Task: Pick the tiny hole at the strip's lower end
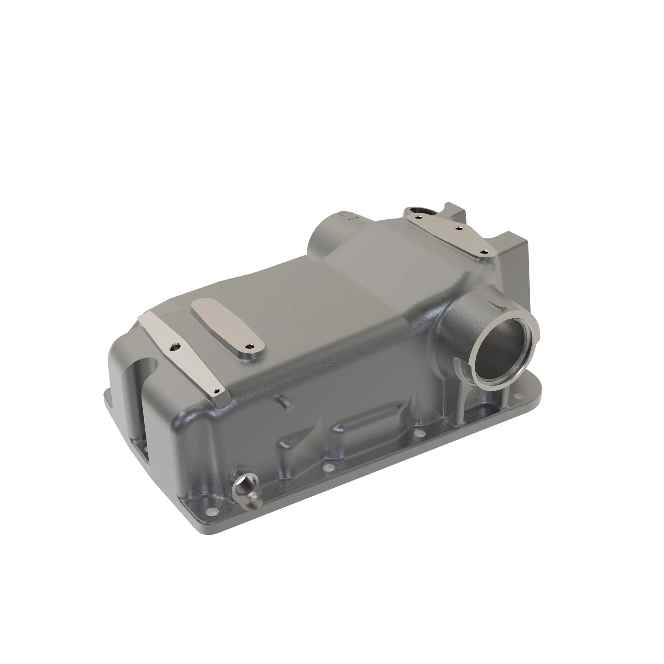coord(216,390)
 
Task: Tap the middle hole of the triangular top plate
coord(458,227)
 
